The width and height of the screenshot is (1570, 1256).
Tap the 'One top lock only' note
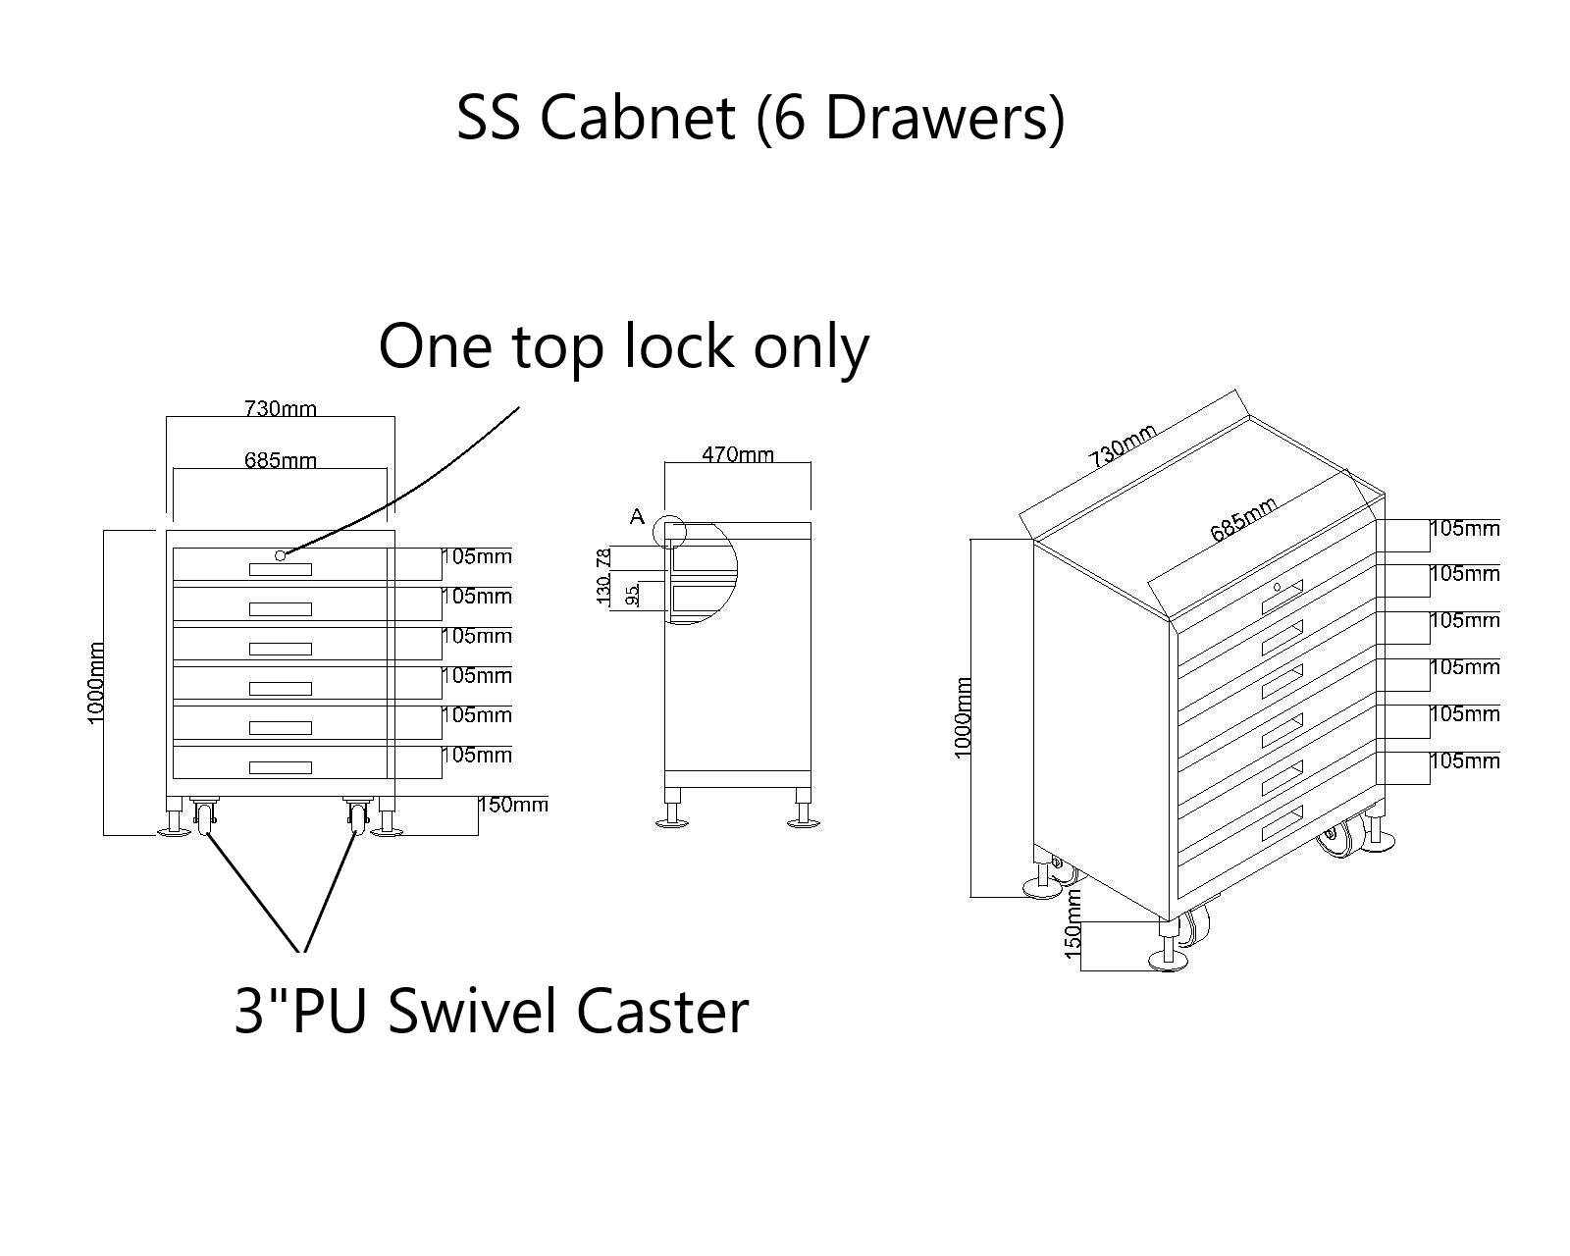[623, 345]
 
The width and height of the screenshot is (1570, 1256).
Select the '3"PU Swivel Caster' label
[491, 1011]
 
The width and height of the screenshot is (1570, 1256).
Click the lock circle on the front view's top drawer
[280, 555]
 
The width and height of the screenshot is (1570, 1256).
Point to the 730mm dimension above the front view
[280, 408]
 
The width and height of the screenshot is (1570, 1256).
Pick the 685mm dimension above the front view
[280, 459]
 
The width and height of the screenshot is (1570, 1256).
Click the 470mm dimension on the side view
[737, 454]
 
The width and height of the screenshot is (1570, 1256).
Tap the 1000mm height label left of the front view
[96, 683]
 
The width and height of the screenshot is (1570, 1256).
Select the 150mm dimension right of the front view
[512, 806]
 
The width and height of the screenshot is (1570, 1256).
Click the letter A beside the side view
[637, 516]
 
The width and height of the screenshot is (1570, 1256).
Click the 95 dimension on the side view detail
[633, 595]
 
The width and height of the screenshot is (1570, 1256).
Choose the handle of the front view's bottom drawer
[280, 767]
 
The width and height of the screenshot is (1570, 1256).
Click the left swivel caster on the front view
[204, 815]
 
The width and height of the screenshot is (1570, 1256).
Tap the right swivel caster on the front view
[357, 815]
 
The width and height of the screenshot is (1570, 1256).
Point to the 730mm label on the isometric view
[1123, 444]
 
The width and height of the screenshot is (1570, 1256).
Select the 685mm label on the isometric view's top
[1242, 519]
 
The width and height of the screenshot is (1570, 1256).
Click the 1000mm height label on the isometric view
[963, 716]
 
